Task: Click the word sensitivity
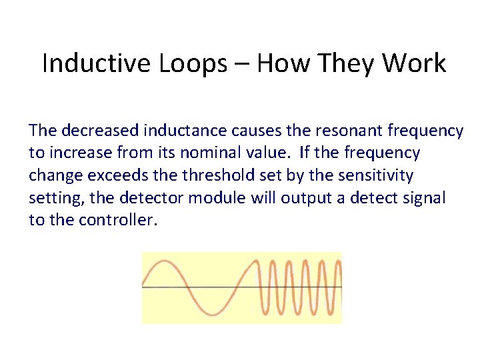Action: point(377,176)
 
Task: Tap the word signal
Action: point(421,199)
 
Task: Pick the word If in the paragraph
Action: point(305,153)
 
